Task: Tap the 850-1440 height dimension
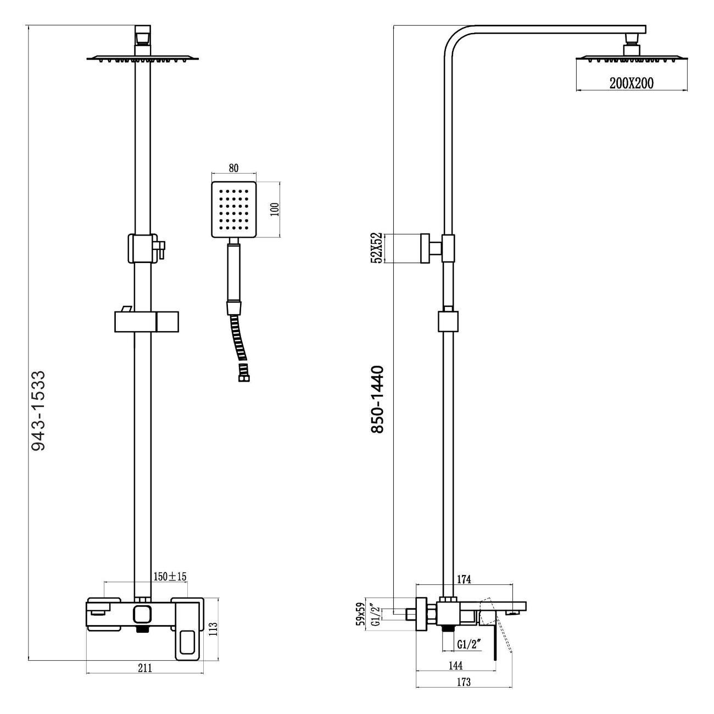pyautogui.click(x=377, y=399)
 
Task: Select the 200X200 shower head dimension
pyautogui.click(x=631, y=83)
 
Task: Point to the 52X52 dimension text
pyautogui.click(x=377, y=248)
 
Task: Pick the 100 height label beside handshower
pyautogui.click(x=275, y=209)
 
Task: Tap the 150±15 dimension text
pyautogui.click(x=170, y=576)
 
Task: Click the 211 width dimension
pyautogui.click(x=144, y=668)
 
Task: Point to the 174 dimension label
pyautogui.click(x=465, y=579)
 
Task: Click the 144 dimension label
pyautogui.click(x=455, y=666)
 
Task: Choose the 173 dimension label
pyautogui.click(x=464, y=683)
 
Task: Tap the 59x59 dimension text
pyautogui.click(x=361, y=613)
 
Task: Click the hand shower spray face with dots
pyautogui.click(x=234, y=209)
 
